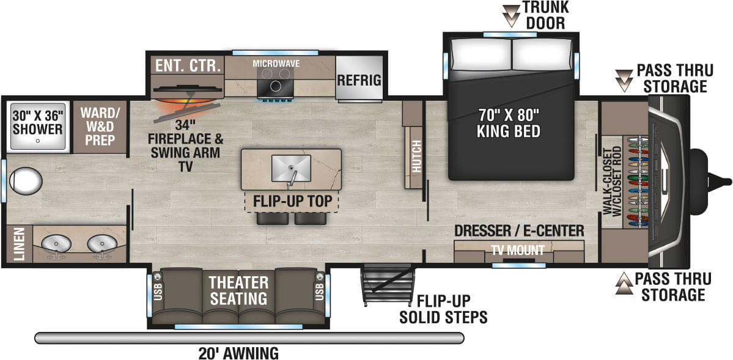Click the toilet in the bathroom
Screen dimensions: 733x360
[x=25, y=180]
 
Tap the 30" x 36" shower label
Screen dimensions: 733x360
[x=37, y=122]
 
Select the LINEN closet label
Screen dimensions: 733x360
[x=19, y=244]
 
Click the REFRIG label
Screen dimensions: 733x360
[x=359, y=79]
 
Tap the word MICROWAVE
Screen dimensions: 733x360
[x=276, y=63]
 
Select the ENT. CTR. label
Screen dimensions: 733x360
[x=188, y=66]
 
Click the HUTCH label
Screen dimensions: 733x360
[x=417, y=156]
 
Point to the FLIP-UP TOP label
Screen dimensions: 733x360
[x=292, y=201]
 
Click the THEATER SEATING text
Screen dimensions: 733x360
[x=238, y=290]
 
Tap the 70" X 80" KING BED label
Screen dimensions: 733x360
[x=508, y=122]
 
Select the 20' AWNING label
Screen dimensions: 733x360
[x=238, y=352]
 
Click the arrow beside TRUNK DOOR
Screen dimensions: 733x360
[x=511, y=14]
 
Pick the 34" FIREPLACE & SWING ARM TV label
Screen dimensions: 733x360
[x=186, y=145]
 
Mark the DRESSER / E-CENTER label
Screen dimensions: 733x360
[x=519, y=230]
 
